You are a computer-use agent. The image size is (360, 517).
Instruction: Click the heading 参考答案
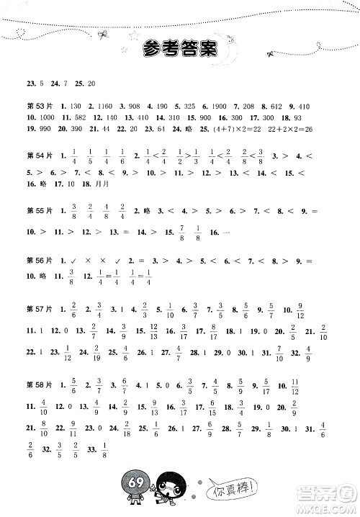[180, 48]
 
